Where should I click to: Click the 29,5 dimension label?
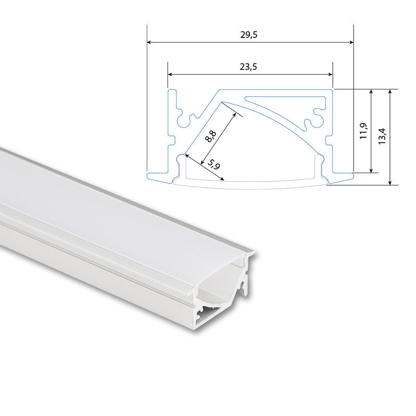[x=249, y=35]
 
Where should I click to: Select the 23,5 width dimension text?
[x=249, y=67]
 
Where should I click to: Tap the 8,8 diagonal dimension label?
[x=211, y=136]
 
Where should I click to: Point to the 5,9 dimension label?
[x=214, y=164]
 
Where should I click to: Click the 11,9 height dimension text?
[x=363, y=131]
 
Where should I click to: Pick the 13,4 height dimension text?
[x=382, y=136]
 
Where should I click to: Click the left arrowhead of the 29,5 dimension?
[x=149, y=42]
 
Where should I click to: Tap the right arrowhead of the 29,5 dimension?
[x=352, y=42]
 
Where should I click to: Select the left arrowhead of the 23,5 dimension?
[x=170, y=74]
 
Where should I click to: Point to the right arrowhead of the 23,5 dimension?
[x=330, y=74]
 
